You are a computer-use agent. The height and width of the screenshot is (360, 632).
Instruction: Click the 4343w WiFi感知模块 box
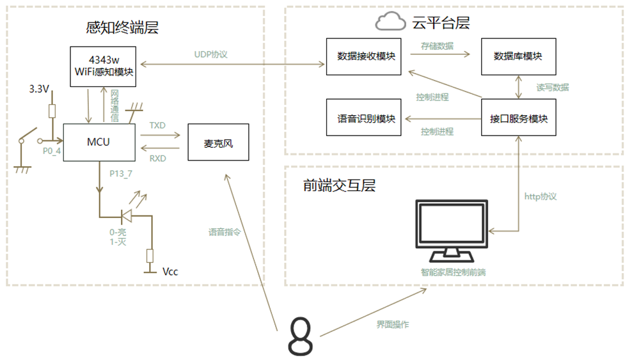point(103,66)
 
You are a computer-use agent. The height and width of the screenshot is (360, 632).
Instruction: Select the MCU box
point(99,142)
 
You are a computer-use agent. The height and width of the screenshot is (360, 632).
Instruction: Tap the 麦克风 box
point(218,143)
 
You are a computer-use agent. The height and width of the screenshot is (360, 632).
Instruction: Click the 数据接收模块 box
point(366,56)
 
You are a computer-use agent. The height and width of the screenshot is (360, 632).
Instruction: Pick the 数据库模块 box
point(518,56)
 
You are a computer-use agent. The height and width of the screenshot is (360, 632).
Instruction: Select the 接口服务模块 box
point(518,118)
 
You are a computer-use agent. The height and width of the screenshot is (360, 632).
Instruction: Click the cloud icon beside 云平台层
point(390,23)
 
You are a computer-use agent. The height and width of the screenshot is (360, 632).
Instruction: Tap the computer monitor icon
point(451,230)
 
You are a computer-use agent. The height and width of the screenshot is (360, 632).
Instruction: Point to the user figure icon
point(300,336)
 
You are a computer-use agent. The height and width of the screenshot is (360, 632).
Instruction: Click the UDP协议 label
point(211,54)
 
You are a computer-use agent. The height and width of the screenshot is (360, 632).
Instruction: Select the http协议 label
point(541,196)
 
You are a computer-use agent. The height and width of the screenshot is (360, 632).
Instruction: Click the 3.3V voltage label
point(39,89)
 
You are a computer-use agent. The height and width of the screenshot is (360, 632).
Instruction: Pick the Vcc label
point(170,272)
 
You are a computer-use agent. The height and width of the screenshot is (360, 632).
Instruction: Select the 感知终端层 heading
point(122,27)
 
